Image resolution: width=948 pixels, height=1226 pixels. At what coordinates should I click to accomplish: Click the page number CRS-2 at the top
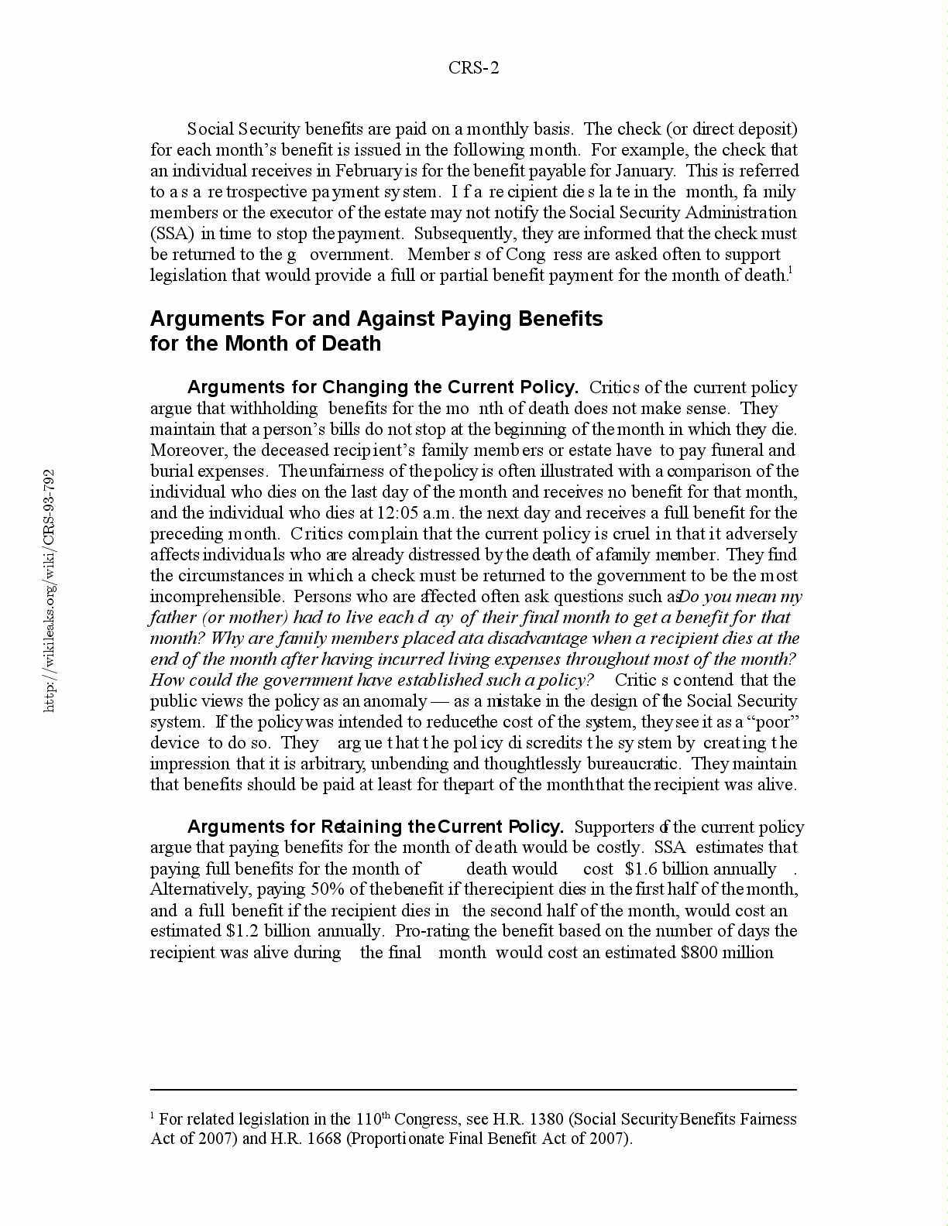[x=473, y=68]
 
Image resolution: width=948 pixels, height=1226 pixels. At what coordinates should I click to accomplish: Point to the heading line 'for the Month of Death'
[x=266, y=344]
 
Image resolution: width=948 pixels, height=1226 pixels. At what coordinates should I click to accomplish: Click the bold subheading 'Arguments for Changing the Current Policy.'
[x=383, y=388]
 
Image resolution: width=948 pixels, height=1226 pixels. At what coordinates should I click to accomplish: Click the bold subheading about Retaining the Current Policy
[x=376, y=827]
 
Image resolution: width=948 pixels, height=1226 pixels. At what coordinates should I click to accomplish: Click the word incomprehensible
[x=216, y=597]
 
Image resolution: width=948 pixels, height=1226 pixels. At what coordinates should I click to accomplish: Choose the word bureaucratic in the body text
[x=634, y=764]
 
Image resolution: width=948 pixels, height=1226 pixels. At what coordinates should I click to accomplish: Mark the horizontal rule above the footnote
[x=473, y=1090]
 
